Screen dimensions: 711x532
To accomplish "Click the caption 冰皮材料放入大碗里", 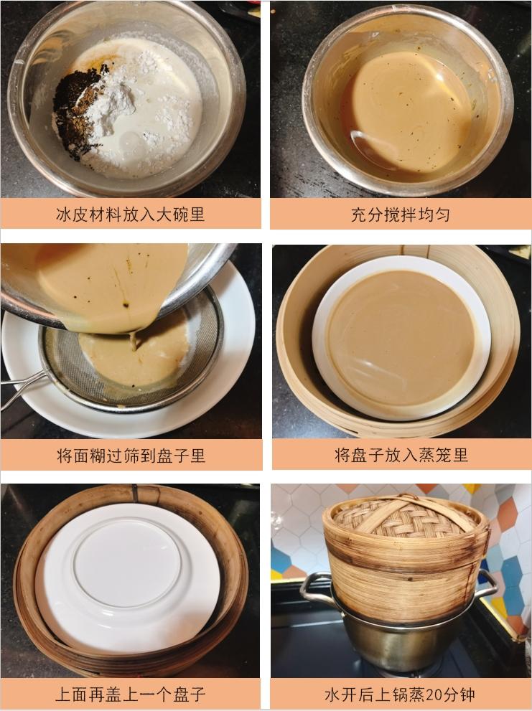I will click(130, 215).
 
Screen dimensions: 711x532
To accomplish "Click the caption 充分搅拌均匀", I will click(400, 215).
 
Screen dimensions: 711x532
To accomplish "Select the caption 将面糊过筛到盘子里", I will click(131, 456).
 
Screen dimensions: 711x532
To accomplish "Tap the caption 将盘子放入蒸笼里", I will click(401, 455).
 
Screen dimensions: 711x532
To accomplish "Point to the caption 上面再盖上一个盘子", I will click(131, 694).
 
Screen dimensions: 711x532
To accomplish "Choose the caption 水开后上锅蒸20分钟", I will click(400, 694).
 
